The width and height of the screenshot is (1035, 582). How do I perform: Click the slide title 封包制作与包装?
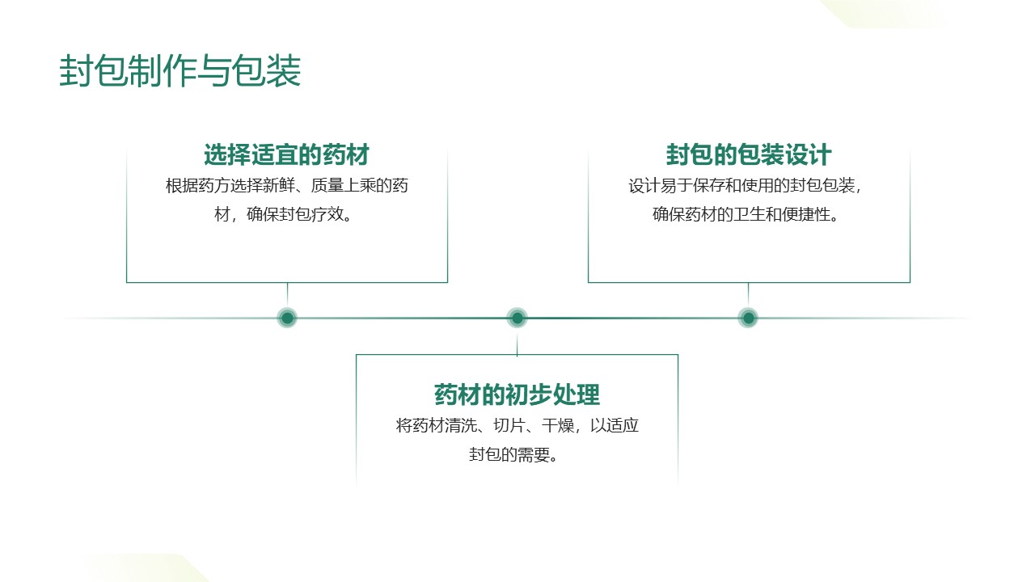(x=180, y=72)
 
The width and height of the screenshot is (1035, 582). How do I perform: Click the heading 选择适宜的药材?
(x=287, y=154)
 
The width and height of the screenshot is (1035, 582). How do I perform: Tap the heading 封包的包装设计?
(x=749, y=154)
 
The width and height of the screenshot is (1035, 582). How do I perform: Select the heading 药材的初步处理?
(x=517, y=395)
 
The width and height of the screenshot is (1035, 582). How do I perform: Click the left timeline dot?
(x=287, y=318)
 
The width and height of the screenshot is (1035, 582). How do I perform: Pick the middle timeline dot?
(x=517, y=318)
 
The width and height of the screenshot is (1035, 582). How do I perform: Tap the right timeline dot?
(x=749, y=318)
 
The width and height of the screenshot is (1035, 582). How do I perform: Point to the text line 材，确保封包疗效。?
(x=287, y=216)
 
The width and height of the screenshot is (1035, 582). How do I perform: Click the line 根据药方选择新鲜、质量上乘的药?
(x=287, y=186)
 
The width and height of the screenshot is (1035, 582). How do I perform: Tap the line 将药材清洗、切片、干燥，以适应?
(x=517, y=426)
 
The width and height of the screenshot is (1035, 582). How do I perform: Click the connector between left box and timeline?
(x=287, y=294)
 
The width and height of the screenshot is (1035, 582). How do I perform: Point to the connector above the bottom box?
(x=517, y=343)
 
